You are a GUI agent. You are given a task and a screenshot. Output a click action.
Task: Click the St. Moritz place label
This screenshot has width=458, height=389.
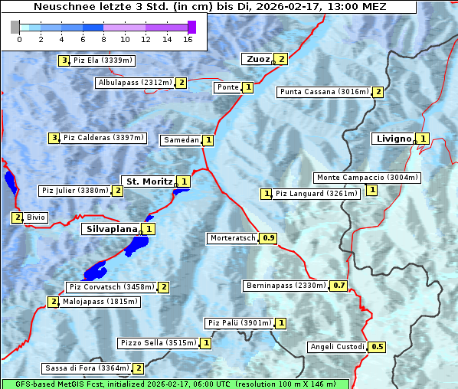[149, 181]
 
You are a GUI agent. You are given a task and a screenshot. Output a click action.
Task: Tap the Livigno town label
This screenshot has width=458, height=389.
[393, 139]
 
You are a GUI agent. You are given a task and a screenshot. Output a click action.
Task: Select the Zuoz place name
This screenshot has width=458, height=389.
[257, 59]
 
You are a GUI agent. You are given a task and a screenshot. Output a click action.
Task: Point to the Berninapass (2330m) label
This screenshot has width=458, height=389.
[286, 286]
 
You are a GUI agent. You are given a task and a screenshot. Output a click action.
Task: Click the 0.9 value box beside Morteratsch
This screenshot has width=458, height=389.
[269, 238]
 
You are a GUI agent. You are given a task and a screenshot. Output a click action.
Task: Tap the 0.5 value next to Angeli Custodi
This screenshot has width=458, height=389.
[377, 347]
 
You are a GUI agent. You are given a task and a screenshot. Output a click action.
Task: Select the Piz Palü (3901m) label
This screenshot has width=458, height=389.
[238, 323]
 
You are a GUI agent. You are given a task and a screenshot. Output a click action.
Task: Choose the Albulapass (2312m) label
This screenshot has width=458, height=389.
[135, 83]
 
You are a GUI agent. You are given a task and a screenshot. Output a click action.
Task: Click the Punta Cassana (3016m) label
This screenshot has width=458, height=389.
[324, 92]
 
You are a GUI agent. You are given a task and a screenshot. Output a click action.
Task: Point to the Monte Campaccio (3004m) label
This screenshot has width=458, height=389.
[367, 178]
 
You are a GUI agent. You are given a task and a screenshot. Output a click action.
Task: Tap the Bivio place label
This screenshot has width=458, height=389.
[36, 217]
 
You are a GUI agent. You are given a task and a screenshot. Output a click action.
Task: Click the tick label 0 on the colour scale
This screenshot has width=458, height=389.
[19, 39]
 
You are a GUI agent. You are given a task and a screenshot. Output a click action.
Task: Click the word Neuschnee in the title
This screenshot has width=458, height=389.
[62, 7]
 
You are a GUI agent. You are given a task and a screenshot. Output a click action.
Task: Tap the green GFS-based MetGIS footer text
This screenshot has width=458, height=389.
[175, 384]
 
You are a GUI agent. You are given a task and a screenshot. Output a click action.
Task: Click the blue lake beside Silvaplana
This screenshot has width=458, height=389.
[138, 245]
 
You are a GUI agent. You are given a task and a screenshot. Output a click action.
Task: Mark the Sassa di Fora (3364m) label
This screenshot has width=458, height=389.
[87, 368]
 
